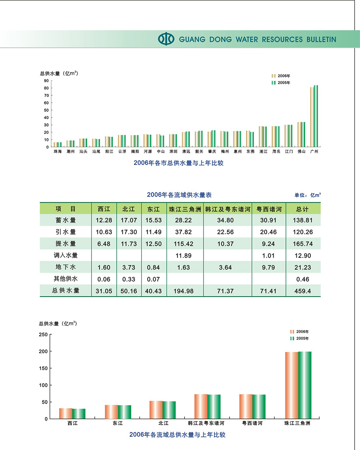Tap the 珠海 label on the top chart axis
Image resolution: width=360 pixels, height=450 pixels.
pos(58,152)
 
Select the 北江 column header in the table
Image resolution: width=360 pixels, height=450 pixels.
pos(129,209)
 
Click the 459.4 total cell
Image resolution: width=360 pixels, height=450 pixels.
pos(303,291)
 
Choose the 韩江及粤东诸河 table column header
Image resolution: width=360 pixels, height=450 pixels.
pos(228,209)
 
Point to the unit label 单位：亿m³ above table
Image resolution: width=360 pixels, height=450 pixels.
pos(308,195)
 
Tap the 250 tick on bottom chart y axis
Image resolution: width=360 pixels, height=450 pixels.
pos(43,335)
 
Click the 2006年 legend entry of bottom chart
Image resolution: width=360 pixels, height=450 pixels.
pos(299,331)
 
